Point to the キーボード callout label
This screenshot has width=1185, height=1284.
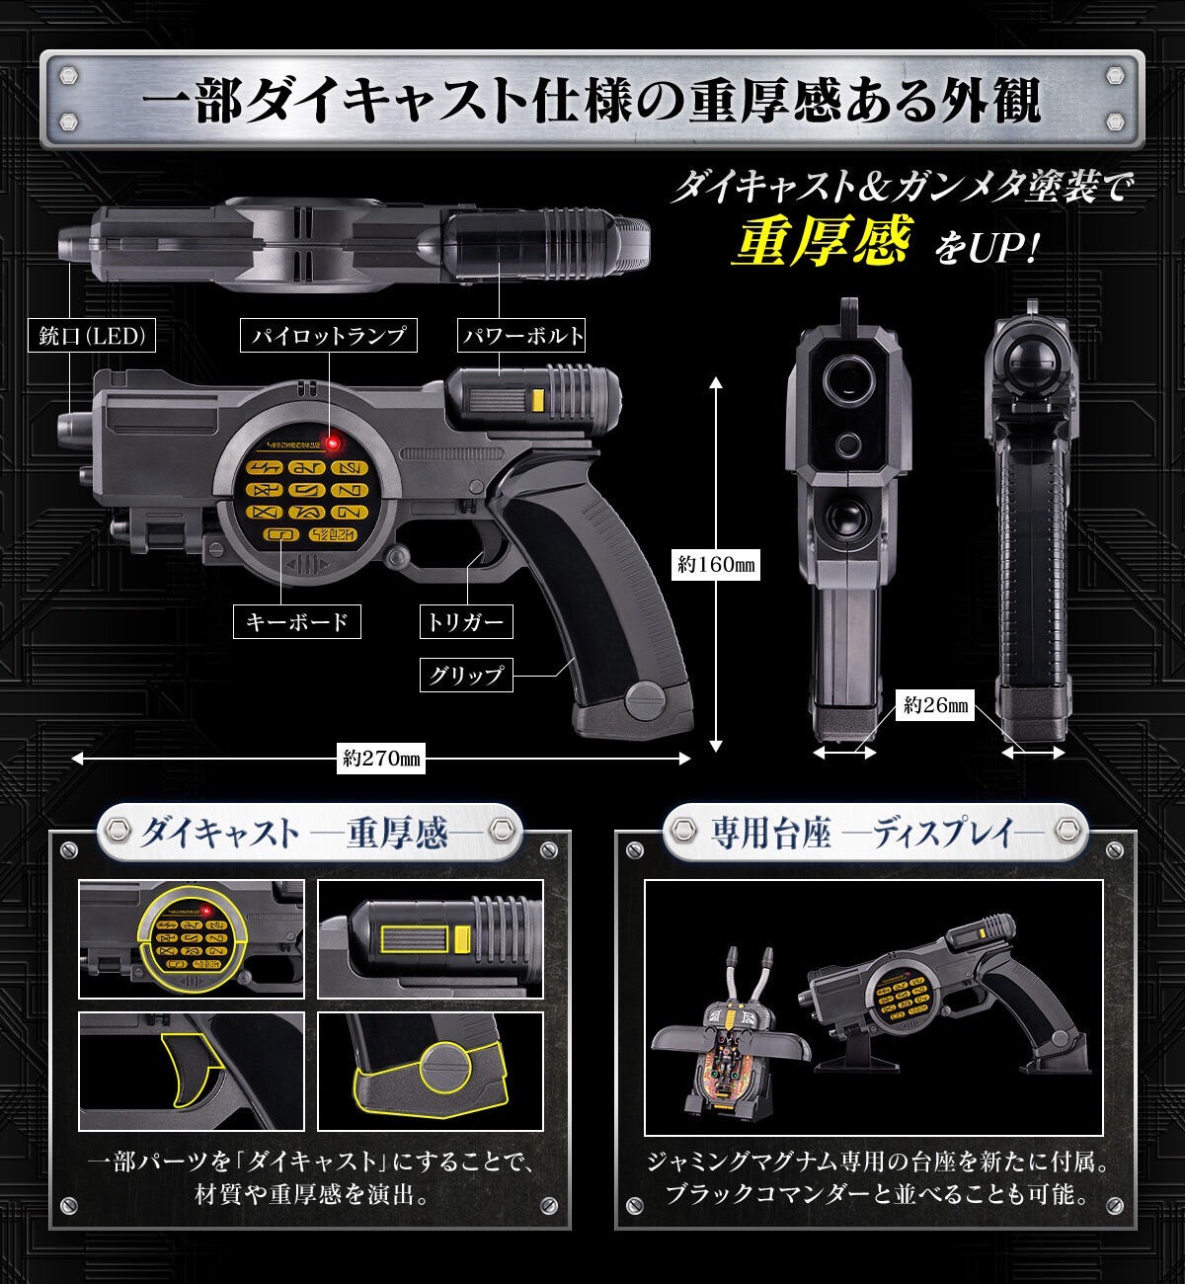click(x=297, y=621)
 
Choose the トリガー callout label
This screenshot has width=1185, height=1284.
click(x=465, y=621)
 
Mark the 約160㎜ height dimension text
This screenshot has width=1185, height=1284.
click(x=716, y=565)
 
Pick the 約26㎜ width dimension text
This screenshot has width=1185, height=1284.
click(x=933, y=704)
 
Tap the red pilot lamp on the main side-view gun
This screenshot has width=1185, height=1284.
click(x=335, y=441)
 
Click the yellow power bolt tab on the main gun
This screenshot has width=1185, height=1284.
click(x=539, y=399)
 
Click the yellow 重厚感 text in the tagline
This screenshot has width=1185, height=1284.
click(x=818, y=240)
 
